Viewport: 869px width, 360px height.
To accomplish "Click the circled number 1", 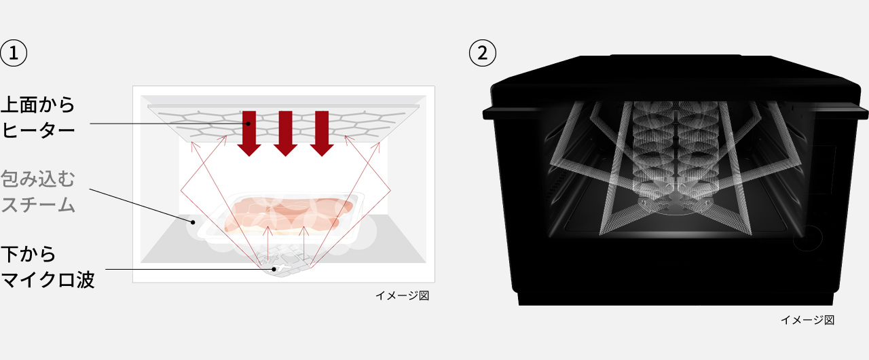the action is tap(14, 53).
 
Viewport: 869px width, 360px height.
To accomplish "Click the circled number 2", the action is tap(483, 53).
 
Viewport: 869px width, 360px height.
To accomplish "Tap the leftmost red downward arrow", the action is tap(249, 133).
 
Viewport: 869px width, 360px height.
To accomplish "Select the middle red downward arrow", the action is tap(286, 133).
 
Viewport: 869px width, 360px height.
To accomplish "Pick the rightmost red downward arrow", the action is tap(322, 133).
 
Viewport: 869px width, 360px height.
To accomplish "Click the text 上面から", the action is tap(37, 105).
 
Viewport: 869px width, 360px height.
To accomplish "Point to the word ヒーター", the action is tap(38, 130).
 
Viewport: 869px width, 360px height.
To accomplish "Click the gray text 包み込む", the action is tap(37, 179).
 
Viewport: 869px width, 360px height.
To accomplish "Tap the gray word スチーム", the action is tap(38, 204).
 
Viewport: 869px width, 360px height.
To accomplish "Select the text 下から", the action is tap(29, 254).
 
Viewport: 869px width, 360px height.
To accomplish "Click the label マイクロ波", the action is tap(48, 279).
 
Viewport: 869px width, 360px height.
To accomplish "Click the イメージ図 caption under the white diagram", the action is tap(403, 295).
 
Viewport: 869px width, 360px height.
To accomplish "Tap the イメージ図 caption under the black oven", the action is tap(807, 320).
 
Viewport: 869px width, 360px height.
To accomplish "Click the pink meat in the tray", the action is tap(289, 215).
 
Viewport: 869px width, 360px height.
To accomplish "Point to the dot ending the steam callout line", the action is tap(192, 222).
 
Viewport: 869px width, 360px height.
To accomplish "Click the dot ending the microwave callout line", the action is tap(274, 269).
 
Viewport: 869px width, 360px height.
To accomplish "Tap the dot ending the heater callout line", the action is tap(248, 124).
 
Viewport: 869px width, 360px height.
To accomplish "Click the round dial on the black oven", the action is tap(808, 238).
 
